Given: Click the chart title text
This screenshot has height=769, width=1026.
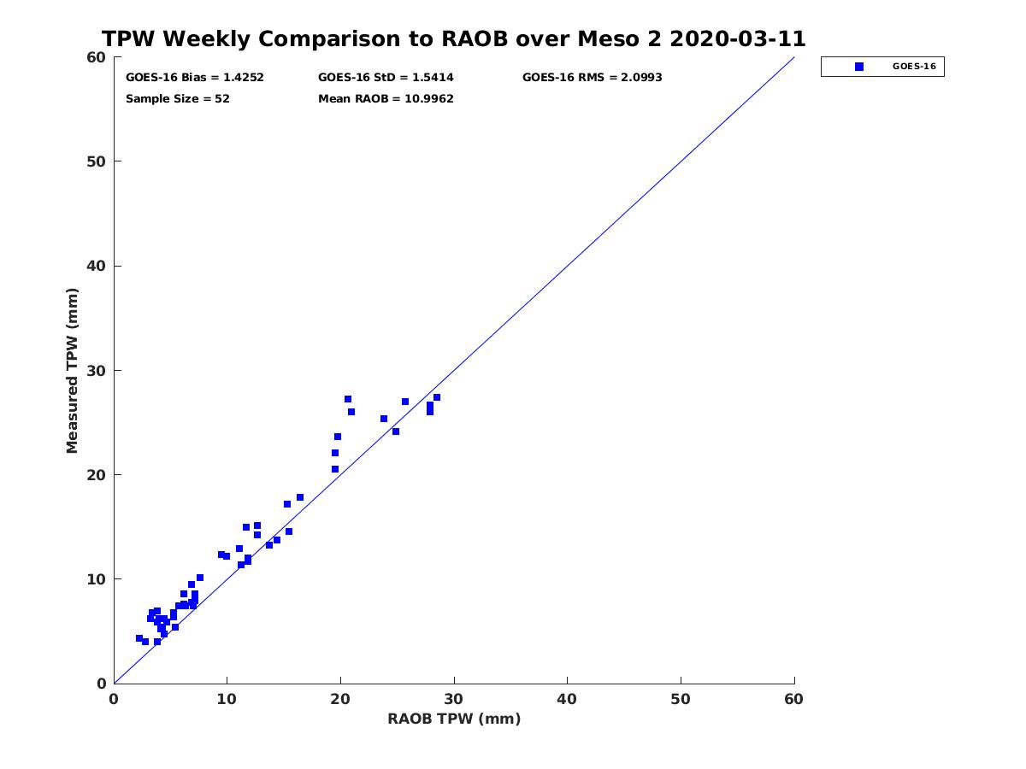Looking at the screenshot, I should tap(453, 39).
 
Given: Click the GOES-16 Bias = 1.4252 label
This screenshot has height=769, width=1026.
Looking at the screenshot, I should tap(195, 77).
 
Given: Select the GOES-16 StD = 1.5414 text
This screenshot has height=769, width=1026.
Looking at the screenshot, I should tap(386, 77).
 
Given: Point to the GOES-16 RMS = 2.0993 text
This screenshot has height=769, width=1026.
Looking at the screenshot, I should tap(592, 77).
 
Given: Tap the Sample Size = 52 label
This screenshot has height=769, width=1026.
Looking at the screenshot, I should tap(178, 98).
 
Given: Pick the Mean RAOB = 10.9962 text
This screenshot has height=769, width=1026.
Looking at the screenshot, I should tap(386, 98).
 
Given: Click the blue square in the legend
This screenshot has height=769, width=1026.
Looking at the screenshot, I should tap(859, 67).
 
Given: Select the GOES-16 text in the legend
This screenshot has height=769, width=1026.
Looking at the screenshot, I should tap(914, 67).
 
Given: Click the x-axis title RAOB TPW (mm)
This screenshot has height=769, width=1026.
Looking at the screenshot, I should tap(454, 719).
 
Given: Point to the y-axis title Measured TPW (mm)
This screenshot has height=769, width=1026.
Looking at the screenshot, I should tap(73, 370).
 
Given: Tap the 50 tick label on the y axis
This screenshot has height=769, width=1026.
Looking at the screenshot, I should tap(97, 161).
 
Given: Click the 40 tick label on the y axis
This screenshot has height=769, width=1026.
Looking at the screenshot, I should tap(97, 266).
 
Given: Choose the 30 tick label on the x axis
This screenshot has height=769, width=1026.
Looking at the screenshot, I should tap(454, 700).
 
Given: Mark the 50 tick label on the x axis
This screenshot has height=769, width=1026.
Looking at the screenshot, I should tap(681, 700).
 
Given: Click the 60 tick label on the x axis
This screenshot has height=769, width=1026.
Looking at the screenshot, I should tap(794, 700).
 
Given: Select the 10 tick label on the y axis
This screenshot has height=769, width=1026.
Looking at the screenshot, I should tap(97, 579).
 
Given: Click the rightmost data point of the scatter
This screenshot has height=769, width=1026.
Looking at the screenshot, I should tap(437, 397).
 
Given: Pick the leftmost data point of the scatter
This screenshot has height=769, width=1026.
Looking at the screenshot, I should tap(139, 638).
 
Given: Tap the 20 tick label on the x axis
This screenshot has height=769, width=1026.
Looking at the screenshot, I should tap(340, 700).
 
